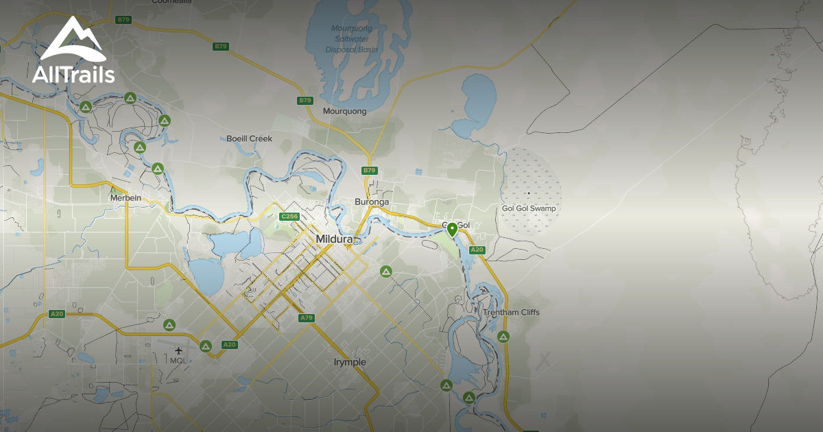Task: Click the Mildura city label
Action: point(335,239)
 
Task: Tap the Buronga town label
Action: point(372,202)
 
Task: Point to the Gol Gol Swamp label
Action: point(529,208)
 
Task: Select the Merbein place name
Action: point(126,197)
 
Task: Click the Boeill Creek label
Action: point(249,139)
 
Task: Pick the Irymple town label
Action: point(350,362)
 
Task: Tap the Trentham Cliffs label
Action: point(511,313)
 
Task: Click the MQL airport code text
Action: point(178,361)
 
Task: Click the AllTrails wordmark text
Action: point(73,74)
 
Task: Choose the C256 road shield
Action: point(289,217)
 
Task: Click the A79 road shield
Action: point(307,318)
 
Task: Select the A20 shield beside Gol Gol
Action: point(477,250)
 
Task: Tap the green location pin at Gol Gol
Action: point(452,229)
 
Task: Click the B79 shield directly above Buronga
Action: point(369,170)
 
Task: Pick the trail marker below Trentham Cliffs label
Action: point(503,336)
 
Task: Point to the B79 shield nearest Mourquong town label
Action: point(305,101)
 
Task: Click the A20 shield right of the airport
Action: point(229,344)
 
